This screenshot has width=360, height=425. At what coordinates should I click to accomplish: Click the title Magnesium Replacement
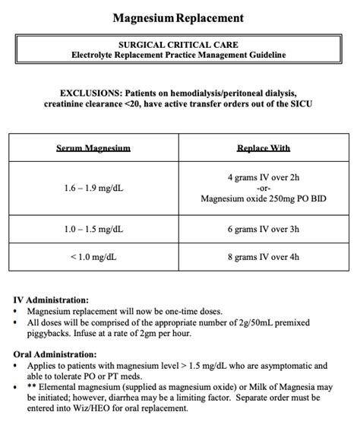(179, 17)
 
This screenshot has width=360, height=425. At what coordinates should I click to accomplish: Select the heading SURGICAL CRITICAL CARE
(179, 45)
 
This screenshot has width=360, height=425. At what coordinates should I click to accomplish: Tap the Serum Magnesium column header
(93, 148)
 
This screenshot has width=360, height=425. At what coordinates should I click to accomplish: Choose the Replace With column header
(264, 148)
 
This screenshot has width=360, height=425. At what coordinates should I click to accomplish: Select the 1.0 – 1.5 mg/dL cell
(93, 229)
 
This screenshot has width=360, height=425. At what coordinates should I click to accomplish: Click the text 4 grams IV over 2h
(264, 177)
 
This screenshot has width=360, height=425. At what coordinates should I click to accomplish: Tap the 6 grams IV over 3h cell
(264, 229)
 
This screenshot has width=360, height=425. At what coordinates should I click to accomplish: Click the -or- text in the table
(264, 188)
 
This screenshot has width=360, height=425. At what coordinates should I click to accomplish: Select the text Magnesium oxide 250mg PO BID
(264, 199)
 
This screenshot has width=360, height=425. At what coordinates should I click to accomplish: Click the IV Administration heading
(51, 300)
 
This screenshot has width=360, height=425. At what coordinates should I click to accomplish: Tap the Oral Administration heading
(56, 354)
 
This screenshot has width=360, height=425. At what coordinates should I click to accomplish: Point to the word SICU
(298, 103)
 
